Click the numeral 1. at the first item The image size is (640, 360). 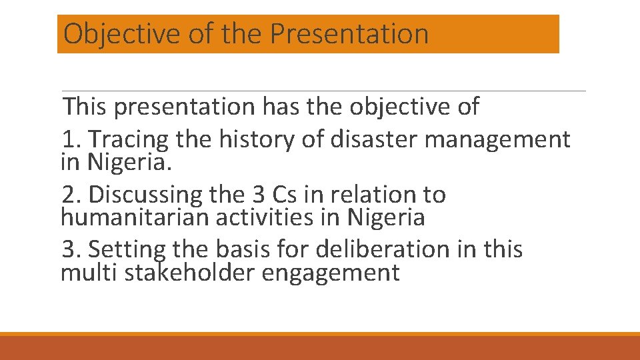pos(71,140)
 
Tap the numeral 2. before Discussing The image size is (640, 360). pos(71,195)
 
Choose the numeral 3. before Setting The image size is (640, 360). pos(71,249)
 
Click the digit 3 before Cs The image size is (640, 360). pos(259,195)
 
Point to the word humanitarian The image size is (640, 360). pos(129,217)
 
